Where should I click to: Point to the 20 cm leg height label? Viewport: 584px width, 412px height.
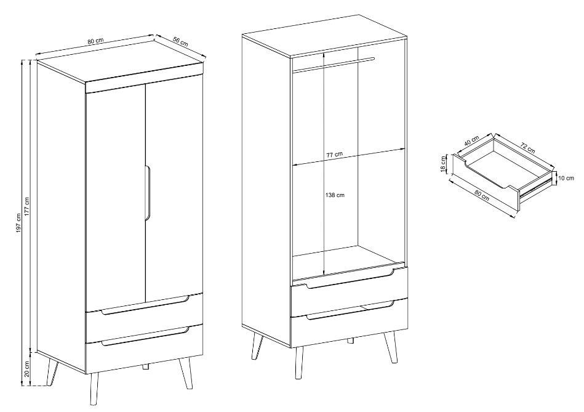[26, 369]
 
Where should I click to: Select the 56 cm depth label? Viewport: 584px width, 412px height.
[181, 41]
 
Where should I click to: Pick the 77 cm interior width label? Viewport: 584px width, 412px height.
[335, 153]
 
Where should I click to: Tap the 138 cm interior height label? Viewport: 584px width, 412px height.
[335, 195]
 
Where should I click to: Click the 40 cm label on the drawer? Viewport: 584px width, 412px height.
[472, 141]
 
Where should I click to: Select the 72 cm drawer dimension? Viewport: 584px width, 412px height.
[528, 148]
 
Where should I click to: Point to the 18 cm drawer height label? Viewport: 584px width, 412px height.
[443, 164]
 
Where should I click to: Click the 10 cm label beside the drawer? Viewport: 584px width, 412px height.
[566, 178]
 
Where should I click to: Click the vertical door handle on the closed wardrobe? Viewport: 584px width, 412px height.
[146, 194]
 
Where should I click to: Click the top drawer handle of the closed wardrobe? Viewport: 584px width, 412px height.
[145, 305]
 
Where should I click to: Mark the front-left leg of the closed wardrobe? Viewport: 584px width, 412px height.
[94, 389]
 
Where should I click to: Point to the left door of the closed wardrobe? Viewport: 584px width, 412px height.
[115, 200]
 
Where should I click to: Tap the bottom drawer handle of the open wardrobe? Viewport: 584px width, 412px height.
[350, 311]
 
